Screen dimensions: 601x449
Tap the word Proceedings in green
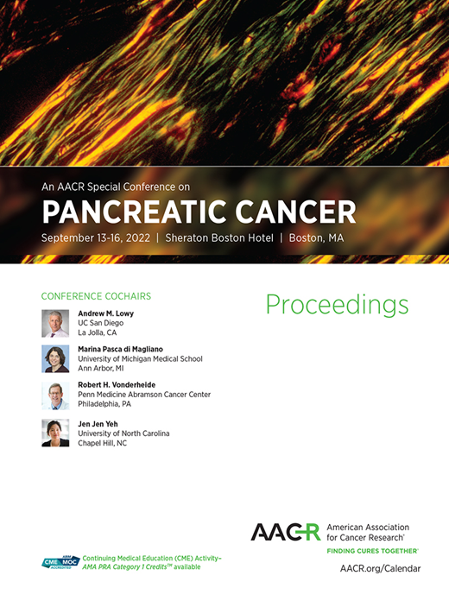[x=337, y=304]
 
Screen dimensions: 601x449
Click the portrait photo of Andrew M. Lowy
[x=55, y=323]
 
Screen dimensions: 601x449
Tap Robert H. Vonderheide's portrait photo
[x=55, y=395]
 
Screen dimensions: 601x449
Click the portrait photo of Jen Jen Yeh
[x=55, y=433]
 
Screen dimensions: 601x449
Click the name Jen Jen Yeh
[x=99, y=423]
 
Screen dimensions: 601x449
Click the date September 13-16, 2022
[x=95, y=237]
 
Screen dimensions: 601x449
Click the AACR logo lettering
[x=285, y=532]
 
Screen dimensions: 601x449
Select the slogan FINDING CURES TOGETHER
[x=372, y=550]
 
